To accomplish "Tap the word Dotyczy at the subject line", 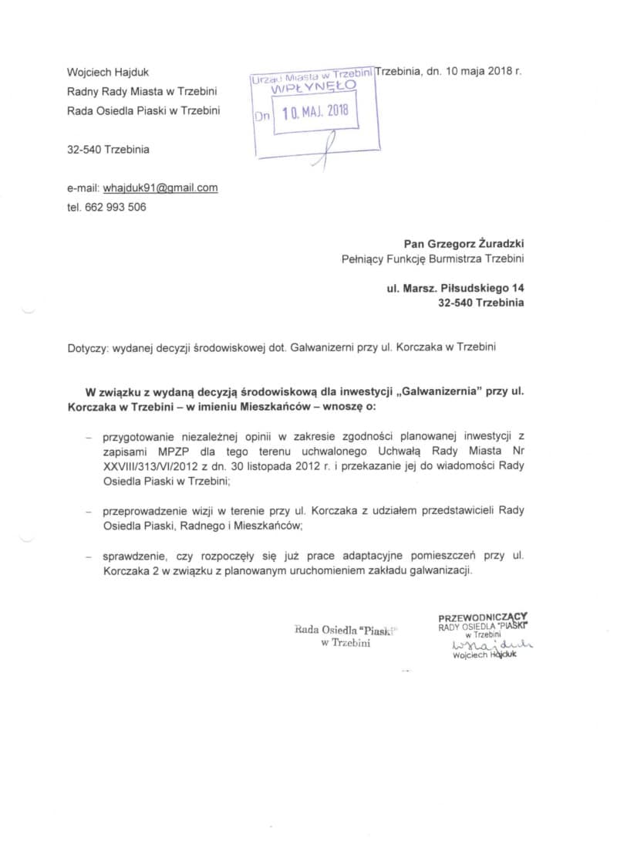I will coord(87,348).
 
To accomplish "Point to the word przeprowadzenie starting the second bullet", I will coord(150,510).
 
